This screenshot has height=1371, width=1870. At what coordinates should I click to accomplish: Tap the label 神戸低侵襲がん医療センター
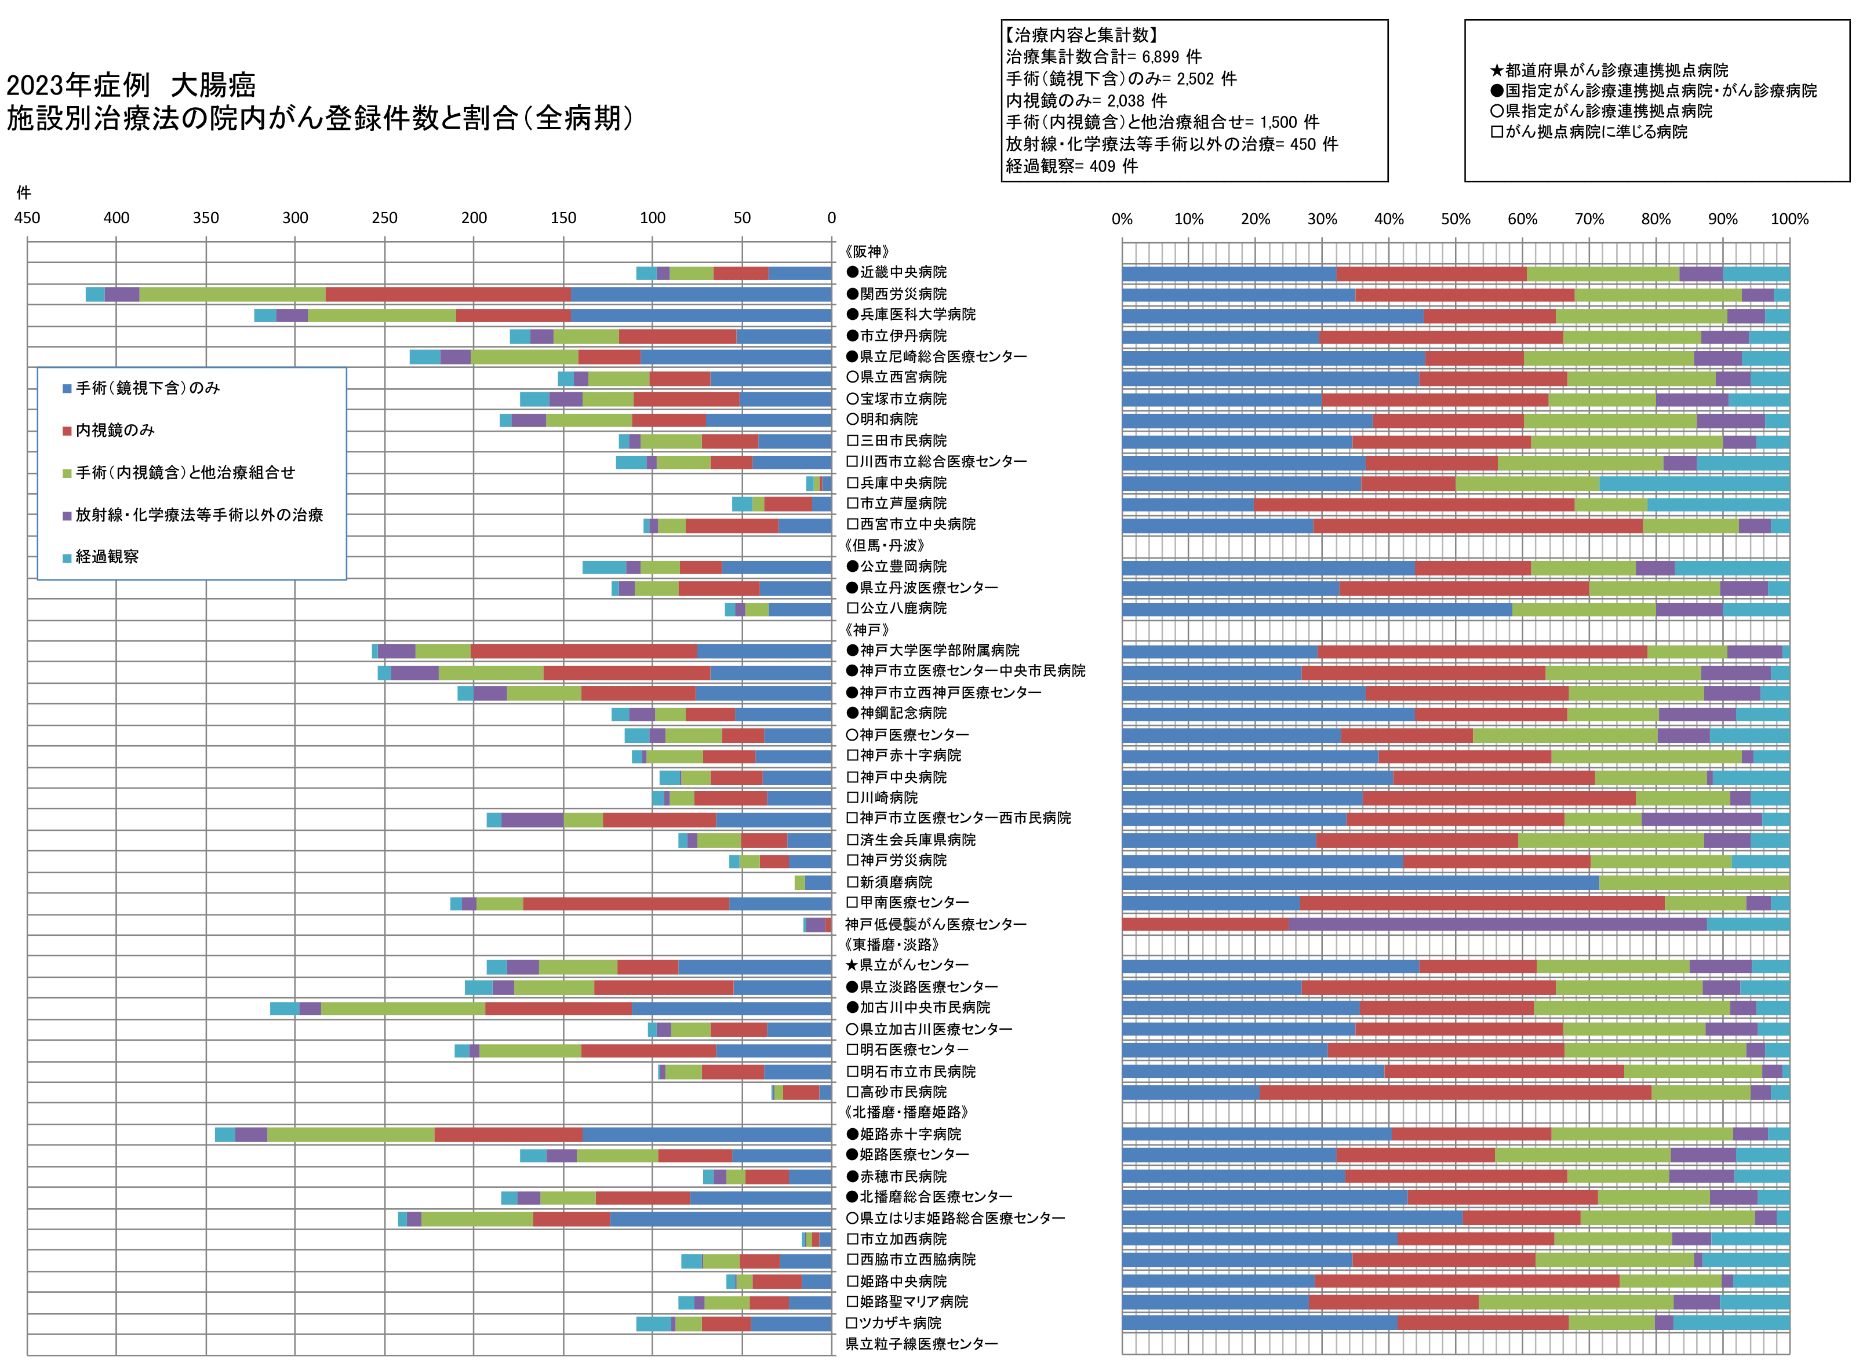coord(936,924)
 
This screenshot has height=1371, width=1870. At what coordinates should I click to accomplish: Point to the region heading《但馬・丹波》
coord(884,545)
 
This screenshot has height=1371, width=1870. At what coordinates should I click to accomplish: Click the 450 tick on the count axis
coord(27,218)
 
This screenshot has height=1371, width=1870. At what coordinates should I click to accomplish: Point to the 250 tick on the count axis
coord(384,218)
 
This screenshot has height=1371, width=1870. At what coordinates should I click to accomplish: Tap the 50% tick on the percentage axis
coord(1455,219)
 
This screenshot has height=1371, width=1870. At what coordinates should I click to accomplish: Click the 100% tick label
coord(1789,219)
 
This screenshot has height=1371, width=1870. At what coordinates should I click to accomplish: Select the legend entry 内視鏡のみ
coord(115,430)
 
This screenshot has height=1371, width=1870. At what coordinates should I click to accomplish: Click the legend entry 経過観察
coord(106,557)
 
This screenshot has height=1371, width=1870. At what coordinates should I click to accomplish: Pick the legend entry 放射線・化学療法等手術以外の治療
coord(198,515)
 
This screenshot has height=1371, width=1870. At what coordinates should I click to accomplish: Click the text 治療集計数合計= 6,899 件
coord(1103,56)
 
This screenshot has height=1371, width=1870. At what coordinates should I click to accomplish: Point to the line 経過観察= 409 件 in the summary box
coord(1072,166)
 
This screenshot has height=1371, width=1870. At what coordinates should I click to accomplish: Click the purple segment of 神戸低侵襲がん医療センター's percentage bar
coord(1497,924)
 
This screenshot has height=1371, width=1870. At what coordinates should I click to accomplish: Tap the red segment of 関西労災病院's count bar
coord(448,294)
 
